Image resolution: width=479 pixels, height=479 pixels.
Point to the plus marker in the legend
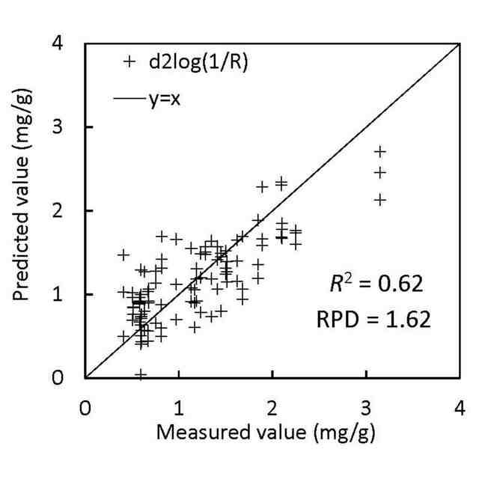[x=129, y=62]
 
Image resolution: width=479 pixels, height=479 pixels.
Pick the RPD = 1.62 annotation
[x=372, y=321]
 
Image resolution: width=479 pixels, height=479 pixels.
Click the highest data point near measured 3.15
[x=380, y=152]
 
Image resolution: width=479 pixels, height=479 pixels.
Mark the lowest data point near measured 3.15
[x=380, y=200]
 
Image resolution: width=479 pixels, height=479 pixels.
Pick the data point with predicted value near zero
[x=141, y=373]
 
